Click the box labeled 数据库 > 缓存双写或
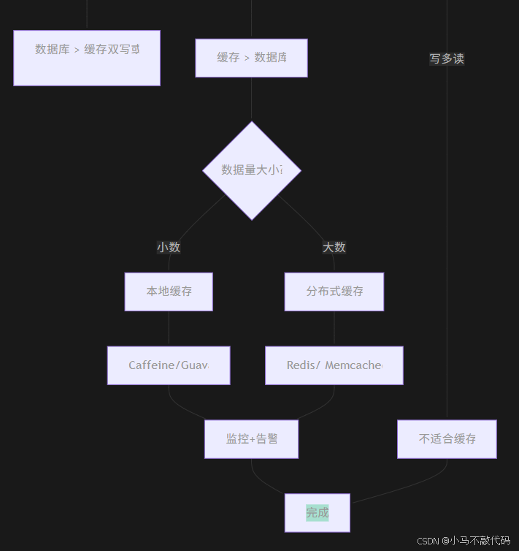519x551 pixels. click(87, 58)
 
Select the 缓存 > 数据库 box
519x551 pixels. click(251, 58)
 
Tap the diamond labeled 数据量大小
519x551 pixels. click(252, 170)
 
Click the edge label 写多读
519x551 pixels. click(447, 58)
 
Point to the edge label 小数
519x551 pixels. click(169, 247)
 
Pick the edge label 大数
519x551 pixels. click(334, 247)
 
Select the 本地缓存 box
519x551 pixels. click(169, 292)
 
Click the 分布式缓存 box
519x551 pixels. click(334, 292)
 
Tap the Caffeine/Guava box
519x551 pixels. click(169, 365)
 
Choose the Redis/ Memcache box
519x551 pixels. click(334, 365)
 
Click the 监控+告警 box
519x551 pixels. click(251, 439)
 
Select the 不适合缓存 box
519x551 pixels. click(447, 439)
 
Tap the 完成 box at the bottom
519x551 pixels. click(318, 513)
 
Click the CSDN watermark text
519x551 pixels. click(464, 541)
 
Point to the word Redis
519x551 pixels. click(301, 365)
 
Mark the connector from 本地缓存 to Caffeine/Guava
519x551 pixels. click(169, 329)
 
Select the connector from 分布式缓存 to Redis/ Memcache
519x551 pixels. click(334, 329)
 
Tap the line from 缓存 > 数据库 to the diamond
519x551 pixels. click(252, 99)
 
